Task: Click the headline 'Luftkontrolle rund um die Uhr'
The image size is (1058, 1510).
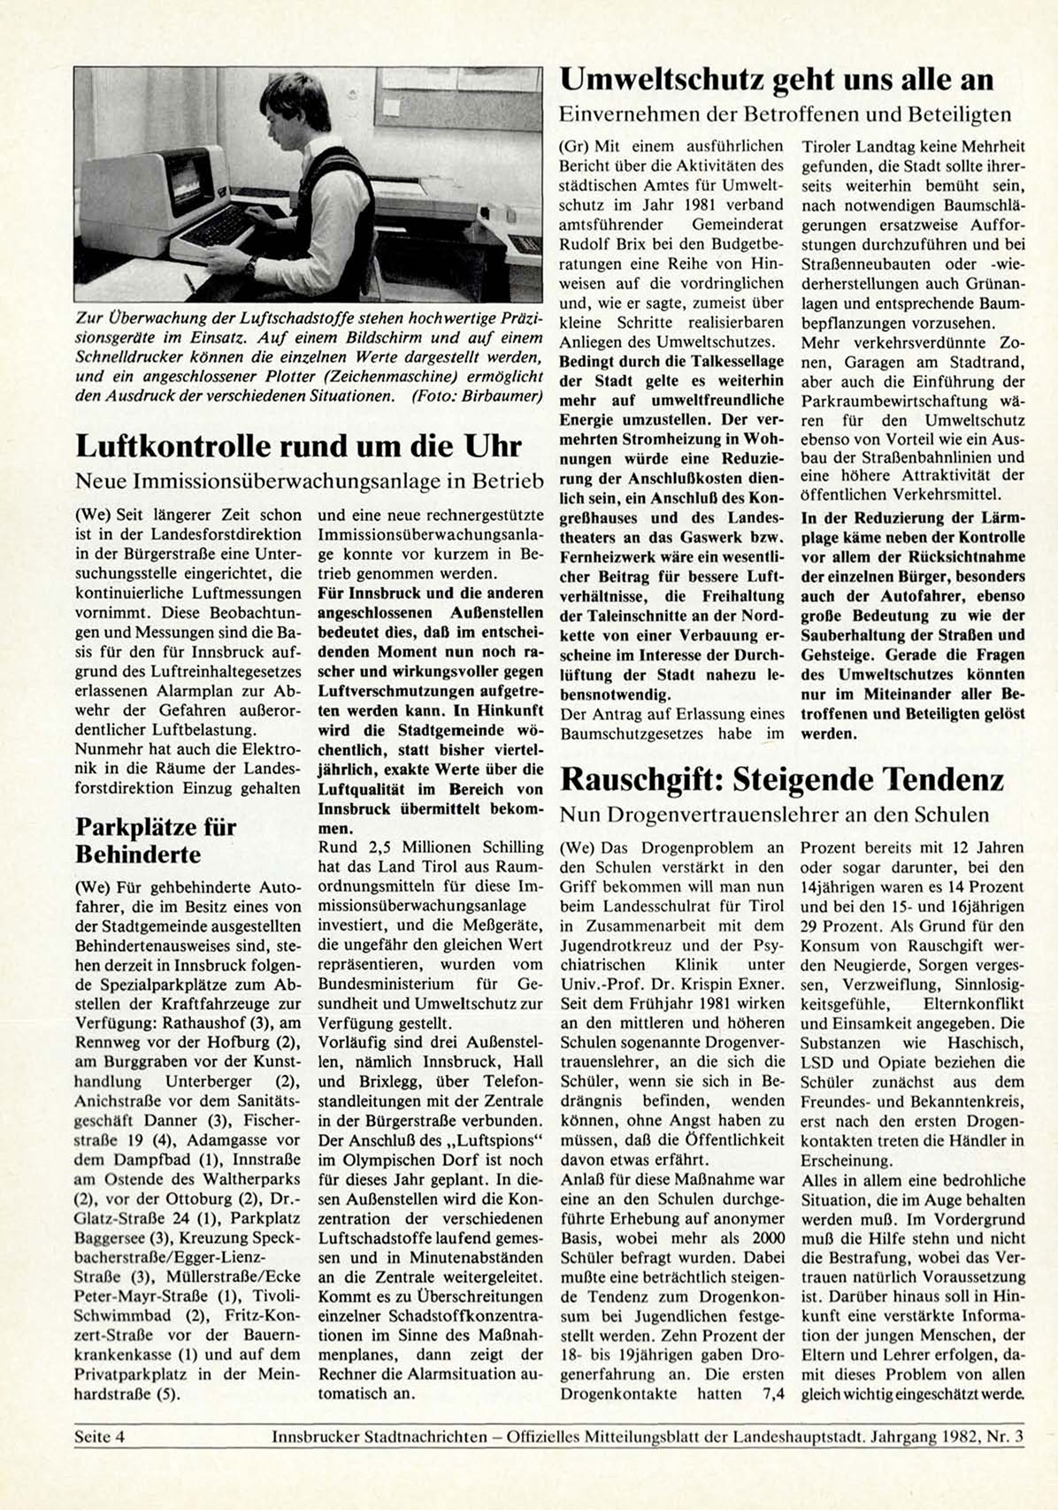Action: (298, 445)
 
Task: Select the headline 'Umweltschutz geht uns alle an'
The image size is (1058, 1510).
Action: (777, 80)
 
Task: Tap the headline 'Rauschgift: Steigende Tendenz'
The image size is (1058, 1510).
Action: (782, 779)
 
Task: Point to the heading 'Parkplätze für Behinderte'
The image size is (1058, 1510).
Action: (156, 840)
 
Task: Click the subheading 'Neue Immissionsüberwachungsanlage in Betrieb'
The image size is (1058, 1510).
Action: (309, 480)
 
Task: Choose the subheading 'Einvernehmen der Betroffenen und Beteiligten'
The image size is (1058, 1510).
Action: (786, 114)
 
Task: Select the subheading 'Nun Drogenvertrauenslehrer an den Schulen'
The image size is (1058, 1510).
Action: (774, 814)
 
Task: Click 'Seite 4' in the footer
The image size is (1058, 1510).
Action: (100, 1437)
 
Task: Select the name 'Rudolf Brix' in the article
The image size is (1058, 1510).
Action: (597, 244)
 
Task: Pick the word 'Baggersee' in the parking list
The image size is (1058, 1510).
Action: (110, 1238)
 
